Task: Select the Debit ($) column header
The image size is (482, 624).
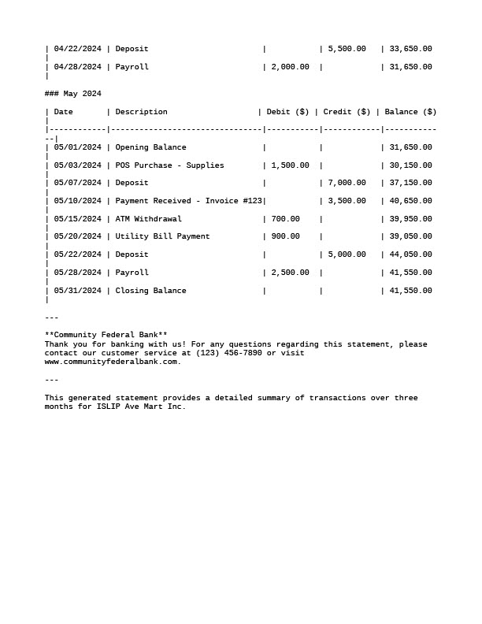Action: (287, 112)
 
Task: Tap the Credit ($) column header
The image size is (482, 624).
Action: (347, 112)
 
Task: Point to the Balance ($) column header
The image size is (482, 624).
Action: (410, 112)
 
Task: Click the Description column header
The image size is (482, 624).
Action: (142, 112)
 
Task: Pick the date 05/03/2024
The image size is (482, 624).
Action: (77, 165)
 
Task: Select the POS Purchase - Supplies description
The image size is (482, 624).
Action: (169, 165)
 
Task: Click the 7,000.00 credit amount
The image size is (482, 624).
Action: (347, 183)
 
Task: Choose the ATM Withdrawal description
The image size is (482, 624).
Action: (148, 219)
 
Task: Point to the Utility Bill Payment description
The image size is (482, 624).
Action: (162, 236)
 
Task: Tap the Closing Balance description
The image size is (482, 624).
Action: (150, 291)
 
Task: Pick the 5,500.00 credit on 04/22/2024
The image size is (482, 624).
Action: (347, 49)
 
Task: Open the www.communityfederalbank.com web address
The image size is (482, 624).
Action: (111, 362)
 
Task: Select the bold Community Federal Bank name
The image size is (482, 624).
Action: (106, 335)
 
